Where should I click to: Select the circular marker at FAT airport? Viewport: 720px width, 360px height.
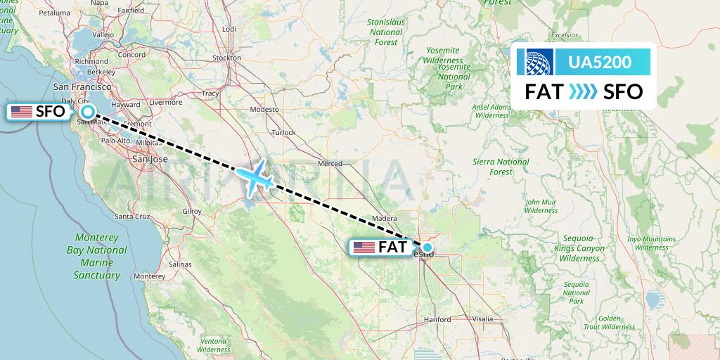point(427,247)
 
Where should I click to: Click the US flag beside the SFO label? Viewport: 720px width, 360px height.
point(22,111)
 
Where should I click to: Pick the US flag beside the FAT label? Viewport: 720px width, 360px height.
point(364,247)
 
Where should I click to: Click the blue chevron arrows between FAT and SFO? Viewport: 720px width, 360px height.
point(581,91)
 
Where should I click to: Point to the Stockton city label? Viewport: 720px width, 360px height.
point(226,58)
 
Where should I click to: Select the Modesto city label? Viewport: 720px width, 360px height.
point(264,110)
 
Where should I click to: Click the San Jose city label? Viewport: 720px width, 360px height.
point(150,159)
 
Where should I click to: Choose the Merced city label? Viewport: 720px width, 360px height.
point(330,164)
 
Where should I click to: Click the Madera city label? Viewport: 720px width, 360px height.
point(386,219)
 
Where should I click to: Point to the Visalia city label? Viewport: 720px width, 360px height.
point(483,319)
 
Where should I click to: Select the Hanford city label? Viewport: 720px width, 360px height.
point(437,319)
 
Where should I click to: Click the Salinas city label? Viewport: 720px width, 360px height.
point(180,264)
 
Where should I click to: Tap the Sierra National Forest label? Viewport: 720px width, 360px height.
point(501,167)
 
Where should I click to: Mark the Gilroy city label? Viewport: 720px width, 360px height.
point(191,211)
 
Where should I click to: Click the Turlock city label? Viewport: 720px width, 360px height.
point(284,132)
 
